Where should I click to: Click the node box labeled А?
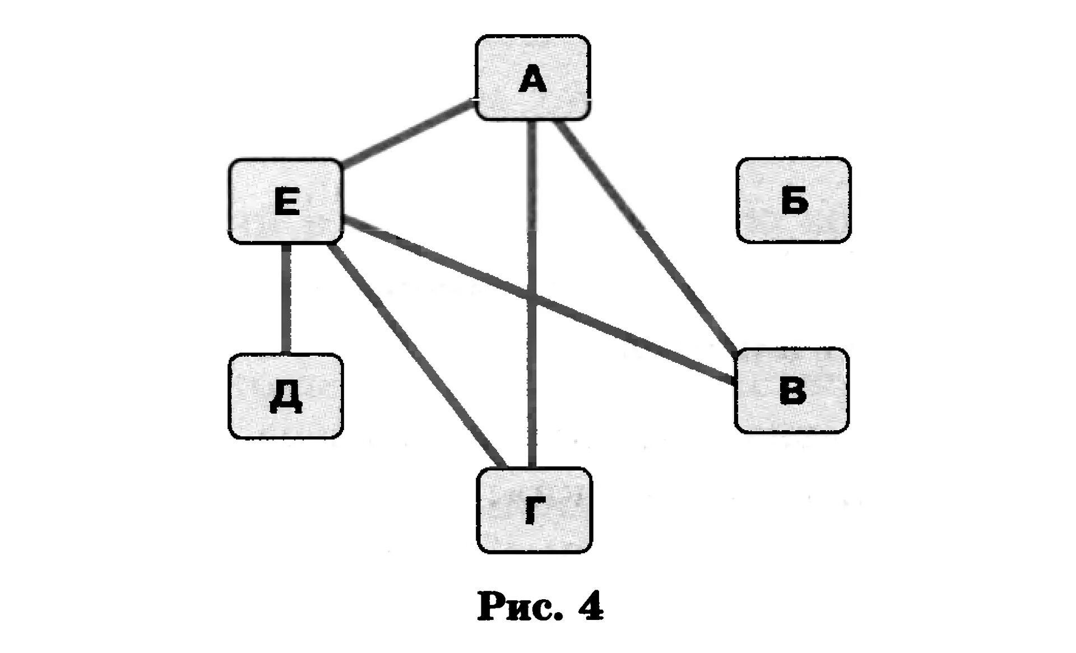(x=532, y=77)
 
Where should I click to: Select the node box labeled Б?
(x=793, y=200)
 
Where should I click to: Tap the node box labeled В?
(x=791, y=390)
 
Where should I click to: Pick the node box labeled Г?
(x=534, y=510)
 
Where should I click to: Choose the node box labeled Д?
(x=285, y=395)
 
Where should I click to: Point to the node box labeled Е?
(x=285, y=201)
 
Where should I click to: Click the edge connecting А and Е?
(x=406, y=134)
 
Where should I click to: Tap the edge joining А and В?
(x=644, y=235)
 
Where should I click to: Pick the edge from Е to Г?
(x=418, y=353)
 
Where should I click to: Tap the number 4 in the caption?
(x=591, y=607)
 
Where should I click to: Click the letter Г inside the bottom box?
(x=534, y=511)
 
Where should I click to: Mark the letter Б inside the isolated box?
(x=794, y=200)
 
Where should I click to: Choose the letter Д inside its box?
(x=286, y=398)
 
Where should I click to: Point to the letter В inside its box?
(x=792, y=390)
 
